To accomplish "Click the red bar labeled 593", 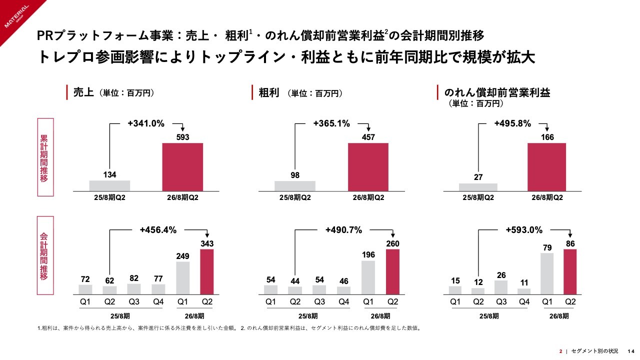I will click(x=183, y=167).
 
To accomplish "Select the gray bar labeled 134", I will click(x=109, y=185).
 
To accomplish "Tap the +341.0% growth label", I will click(x=146, y=124).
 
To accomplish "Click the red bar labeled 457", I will click(x=368, y=167).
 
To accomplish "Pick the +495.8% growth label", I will click(x=512, y=124).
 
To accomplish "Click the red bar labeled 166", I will click(x=546, y=167).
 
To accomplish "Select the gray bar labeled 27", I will click(x=478, y=187).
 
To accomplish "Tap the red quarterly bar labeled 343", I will click(x=206, y=271).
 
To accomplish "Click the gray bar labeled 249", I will click(x=183, y=277).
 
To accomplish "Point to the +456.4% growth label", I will click(x=158, y=230).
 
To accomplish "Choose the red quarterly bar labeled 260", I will click(x=392, y=271).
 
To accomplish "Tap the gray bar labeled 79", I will click(x=546, y=273).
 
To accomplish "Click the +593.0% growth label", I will click(x=524, y=230).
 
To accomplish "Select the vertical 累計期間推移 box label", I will click(x=44, y=158).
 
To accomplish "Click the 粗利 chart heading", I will click(x=269, y=92).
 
